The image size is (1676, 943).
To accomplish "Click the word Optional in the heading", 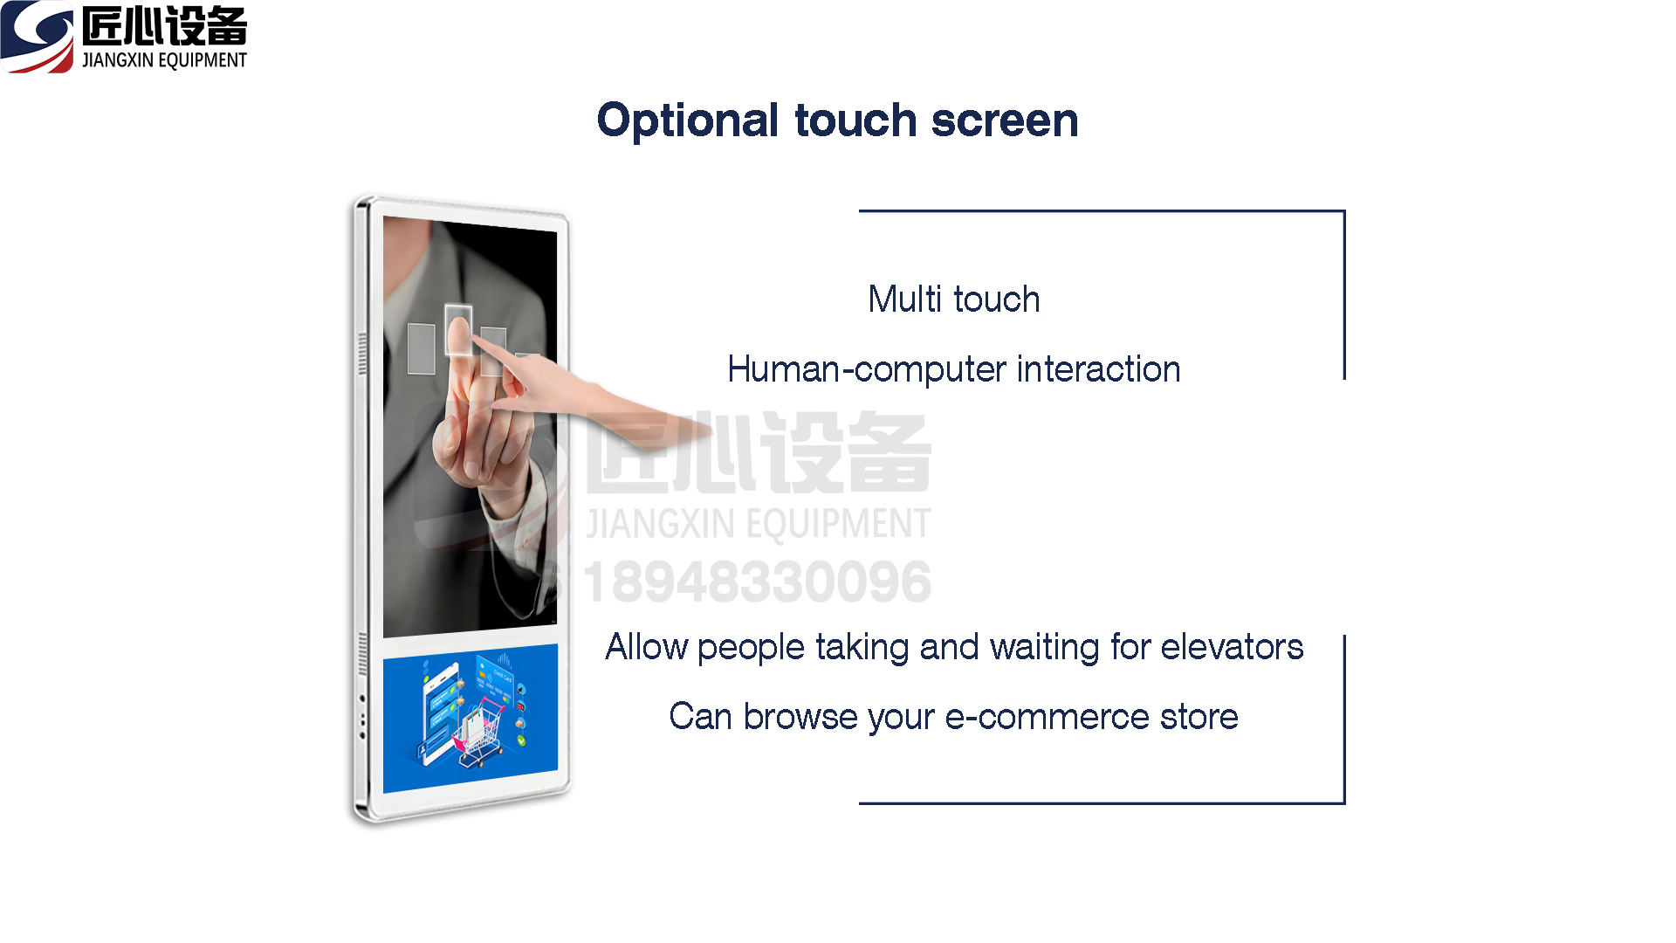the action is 688,120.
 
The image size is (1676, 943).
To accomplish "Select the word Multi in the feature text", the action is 905,299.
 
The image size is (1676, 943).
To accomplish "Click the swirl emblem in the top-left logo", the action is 37,37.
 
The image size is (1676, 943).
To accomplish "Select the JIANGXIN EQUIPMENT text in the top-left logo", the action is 164,60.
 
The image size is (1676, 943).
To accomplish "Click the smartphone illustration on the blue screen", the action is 441,712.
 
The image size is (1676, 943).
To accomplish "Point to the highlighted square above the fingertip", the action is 458,329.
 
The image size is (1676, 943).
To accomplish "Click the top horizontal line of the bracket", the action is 1102,210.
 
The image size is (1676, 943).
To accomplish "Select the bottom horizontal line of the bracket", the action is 1102,803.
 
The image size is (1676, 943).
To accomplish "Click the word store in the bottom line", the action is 1199,717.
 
